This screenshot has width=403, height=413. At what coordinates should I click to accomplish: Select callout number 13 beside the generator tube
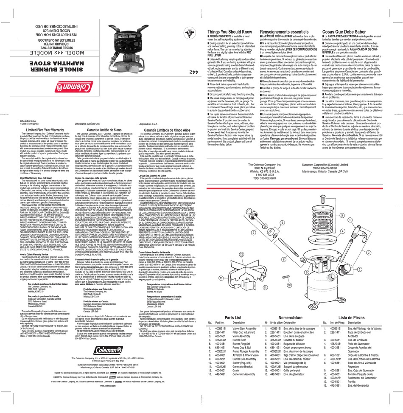(221, 278)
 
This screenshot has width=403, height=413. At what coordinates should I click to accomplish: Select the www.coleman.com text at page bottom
(109, 385)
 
